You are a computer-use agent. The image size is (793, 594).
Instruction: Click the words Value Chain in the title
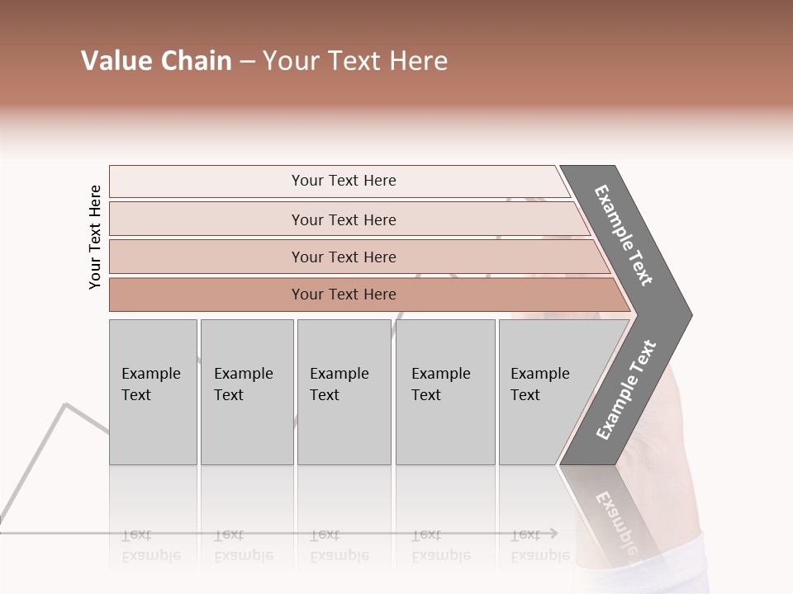pos(156,61)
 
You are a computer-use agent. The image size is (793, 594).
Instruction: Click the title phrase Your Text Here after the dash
pos(355,61)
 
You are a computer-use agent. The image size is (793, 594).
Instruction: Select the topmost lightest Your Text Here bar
pos(343,181)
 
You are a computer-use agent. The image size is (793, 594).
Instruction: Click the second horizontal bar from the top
pos(343,219)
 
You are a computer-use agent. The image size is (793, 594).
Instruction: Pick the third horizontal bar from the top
pos(343,257)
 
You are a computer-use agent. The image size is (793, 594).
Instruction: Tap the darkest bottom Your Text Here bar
pos(343,295)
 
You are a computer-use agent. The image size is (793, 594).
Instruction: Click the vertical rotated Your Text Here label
pos(95,237)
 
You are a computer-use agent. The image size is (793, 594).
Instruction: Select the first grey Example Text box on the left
pos(153,392)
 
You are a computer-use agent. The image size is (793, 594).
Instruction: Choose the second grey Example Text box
pos(246,392)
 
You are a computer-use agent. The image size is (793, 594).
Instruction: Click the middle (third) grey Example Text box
pos(344,392)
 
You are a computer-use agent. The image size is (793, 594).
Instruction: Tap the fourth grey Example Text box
pos(444,392)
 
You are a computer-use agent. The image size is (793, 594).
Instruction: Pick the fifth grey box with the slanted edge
pos(545,392)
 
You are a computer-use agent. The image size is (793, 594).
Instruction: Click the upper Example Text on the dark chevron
pos(624,235)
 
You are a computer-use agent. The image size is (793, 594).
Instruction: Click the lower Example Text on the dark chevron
pos(626,390)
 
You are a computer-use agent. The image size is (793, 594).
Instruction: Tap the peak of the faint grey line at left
pos(65,404)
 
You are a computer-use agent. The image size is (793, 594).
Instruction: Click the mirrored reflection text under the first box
pos(151,545)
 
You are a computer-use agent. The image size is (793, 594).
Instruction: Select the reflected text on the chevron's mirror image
pos(615,520)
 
